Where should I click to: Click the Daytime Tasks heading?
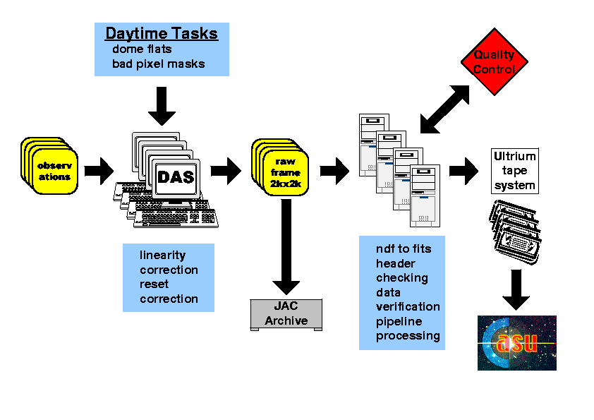coord(162,34)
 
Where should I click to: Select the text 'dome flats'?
coord(142,49)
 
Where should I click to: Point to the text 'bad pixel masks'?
coord(158,64)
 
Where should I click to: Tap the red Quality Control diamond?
coord(493,61)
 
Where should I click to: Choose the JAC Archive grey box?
coord(286,314)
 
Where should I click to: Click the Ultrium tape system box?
coord(514,171)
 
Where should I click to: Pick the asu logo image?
coord(517,343)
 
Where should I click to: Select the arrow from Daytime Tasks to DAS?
coord(162,107)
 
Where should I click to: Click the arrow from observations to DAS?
coord(99,170)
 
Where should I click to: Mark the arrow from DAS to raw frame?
coord(226,170)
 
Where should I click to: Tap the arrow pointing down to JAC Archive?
coord(286,247)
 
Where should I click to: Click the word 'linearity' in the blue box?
coord(162,255)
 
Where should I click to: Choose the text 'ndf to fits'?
coord(403,248)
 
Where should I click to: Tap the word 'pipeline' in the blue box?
coord(399,321)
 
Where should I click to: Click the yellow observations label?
coord(54,171)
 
